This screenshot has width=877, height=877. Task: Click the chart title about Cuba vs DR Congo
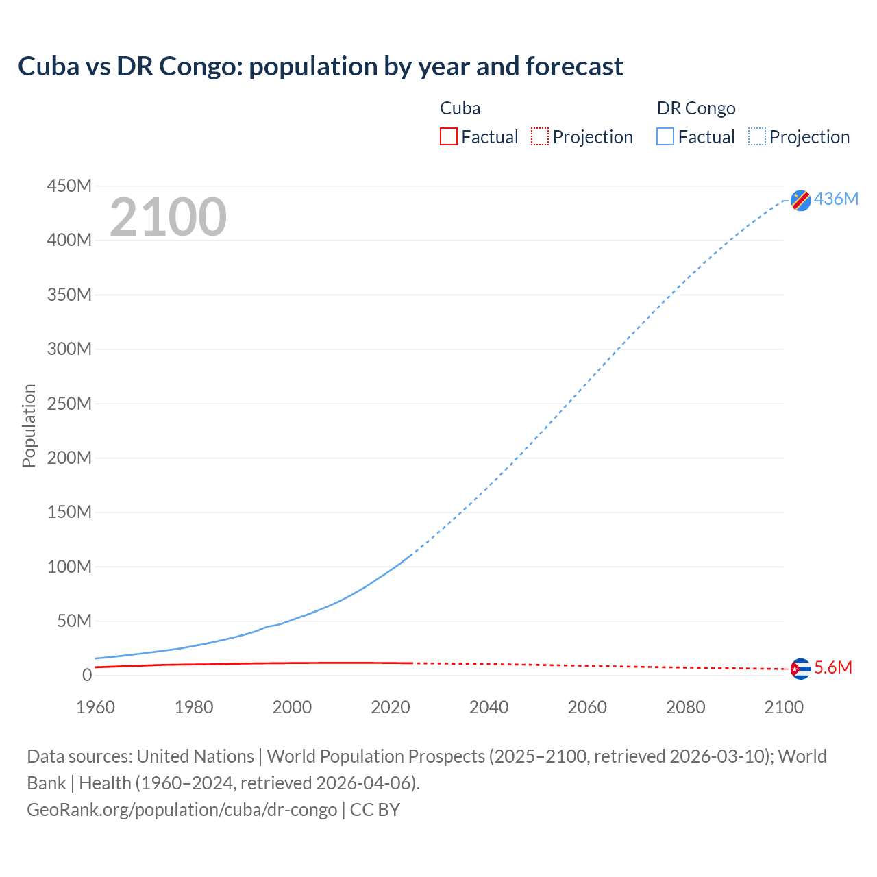point(320,66)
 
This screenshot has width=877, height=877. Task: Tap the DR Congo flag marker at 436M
point(800,200)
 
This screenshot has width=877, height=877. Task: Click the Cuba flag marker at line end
point(800,668)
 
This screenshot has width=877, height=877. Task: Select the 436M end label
point(836,199)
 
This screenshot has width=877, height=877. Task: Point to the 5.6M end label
point(833,668)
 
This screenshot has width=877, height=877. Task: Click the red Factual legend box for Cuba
point(448,136)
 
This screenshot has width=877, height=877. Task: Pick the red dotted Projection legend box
point(540,136)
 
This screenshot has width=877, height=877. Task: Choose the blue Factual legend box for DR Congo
point(665,136)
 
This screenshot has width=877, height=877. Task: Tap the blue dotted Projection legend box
point(757,136)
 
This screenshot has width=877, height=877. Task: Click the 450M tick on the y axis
point(69,186)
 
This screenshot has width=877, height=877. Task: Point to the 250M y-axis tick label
point(69,404)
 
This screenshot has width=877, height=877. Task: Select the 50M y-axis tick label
point(74,621)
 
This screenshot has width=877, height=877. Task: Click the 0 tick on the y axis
point(86,675)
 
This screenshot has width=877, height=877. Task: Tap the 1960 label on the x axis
point(95,707)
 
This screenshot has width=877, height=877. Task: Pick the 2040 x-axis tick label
point(489,707)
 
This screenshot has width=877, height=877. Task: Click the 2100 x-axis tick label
point(784,707)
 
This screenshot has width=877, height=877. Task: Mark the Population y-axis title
point(29,425)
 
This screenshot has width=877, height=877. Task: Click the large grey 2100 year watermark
point(168,217)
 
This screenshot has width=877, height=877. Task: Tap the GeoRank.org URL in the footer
point(182,810)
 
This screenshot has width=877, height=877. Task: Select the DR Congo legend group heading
point(696,108)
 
